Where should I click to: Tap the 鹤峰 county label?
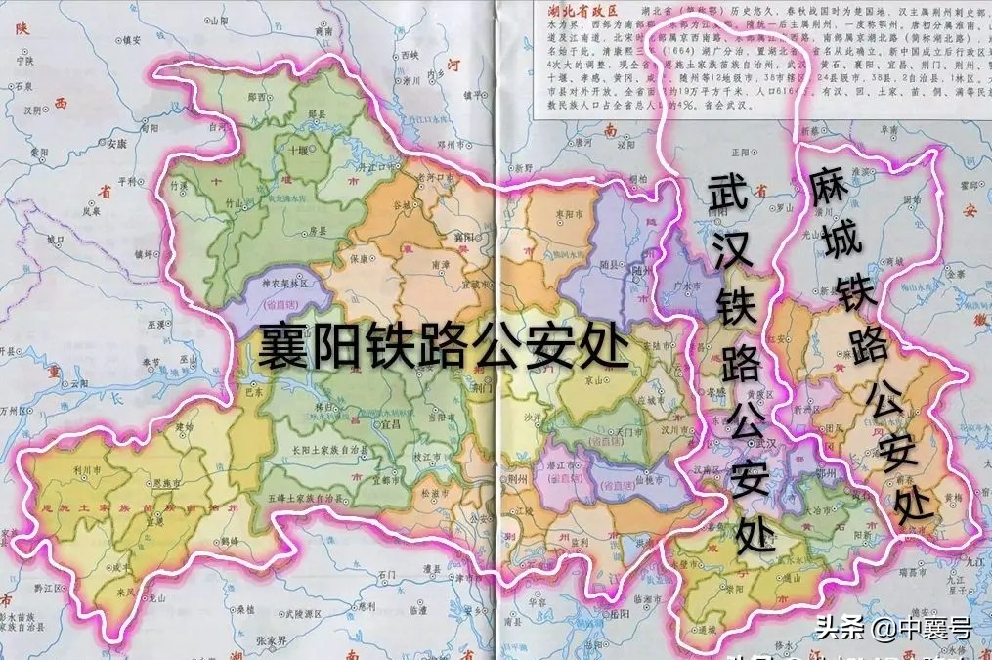coord(229,539)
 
